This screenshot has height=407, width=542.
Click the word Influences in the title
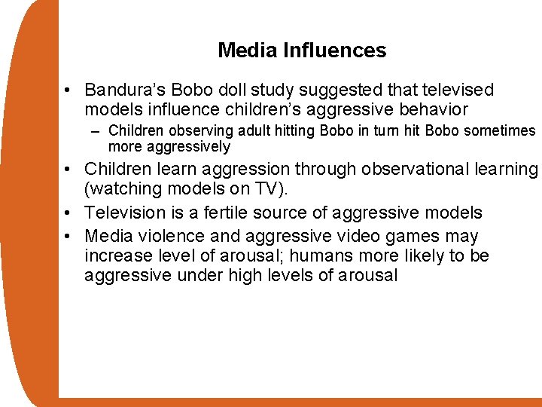(335, 50)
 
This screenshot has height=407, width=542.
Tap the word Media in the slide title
(248, 50)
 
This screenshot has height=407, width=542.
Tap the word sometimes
(500, 131)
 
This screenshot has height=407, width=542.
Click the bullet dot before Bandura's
(68, 90)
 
